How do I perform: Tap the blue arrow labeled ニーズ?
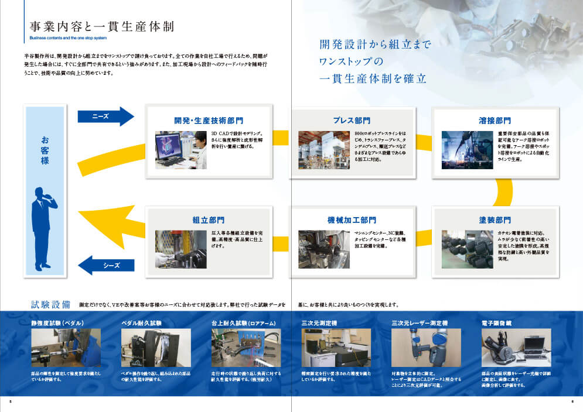[x=105, y=116]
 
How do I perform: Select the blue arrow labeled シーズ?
[x=107, y=265]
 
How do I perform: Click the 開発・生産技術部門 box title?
[x=208, y=121]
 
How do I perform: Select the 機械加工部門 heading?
[x=352, y=220]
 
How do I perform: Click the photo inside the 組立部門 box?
[x=180, y=249]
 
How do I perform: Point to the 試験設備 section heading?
[x=51, y=304]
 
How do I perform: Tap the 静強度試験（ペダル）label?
[x=57, y=322]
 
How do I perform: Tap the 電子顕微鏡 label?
[x=497, y=322]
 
